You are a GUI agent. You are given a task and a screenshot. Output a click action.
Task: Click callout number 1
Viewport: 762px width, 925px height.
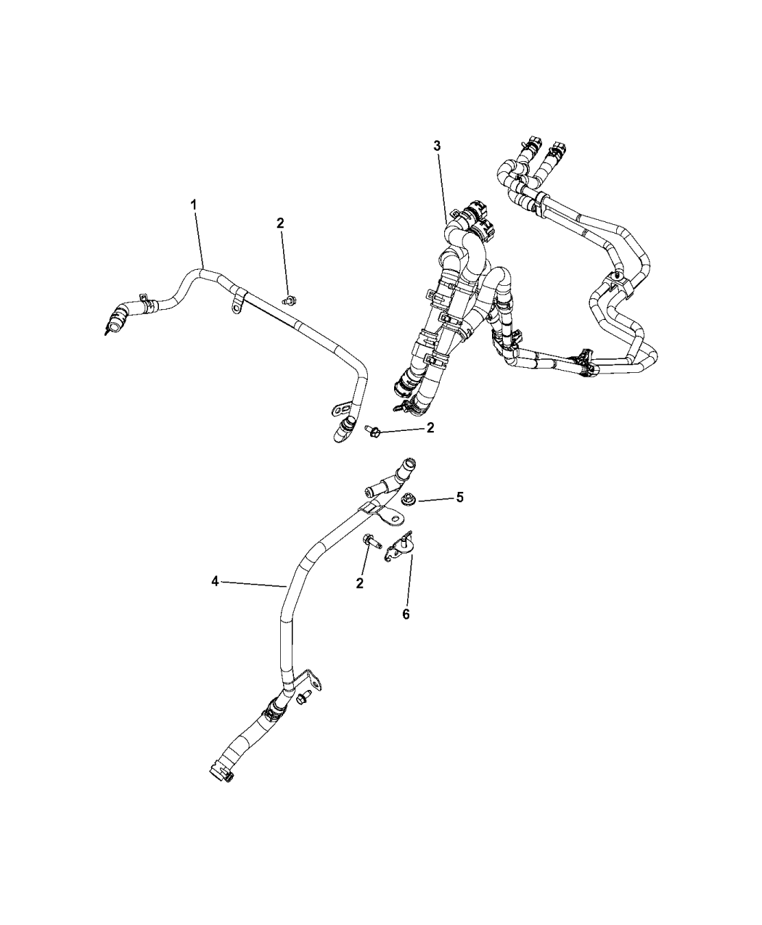pos(193,205)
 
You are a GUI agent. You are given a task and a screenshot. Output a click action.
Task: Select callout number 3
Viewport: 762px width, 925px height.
pos(437,146)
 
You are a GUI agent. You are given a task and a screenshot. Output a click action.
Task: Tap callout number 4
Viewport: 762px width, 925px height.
pos(215,581)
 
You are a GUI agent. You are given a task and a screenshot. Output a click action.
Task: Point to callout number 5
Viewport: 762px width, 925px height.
pos(459,498)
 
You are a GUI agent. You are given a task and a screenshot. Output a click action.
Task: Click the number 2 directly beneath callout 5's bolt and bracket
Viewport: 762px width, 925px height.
pos(359,583)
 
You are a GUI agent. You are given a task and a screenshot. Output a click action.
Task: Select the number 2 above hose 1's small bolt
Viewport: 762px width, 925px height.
pos(280,223)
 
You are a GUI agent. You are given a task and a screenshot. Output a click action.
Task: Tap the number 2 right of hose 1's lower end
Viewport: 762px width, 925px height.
pos(430,428)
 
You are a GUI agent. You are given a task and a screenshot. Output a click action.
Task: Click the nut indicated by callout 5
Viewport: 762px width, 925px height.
pos(405,500)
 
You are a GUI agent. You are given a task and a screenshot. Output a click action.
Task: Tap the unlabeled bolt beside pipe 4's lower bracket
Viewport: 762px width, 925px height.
pos(304,710)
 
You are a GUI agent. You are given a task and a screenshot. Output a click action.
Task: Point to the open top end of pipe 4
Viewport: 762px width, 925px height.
pos(408,465)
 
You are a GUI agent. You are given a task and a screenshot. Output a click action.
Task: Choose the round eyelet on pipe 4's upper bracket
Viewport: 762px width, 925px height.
pos(393,517)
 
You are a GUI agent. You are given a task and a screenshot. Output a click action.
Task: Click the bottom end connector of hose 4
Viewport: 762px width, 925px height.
pos(221,774)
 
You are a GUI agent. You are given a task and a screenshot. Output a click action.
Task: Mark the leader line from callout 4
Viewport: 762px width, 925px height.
pos(253,584)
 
